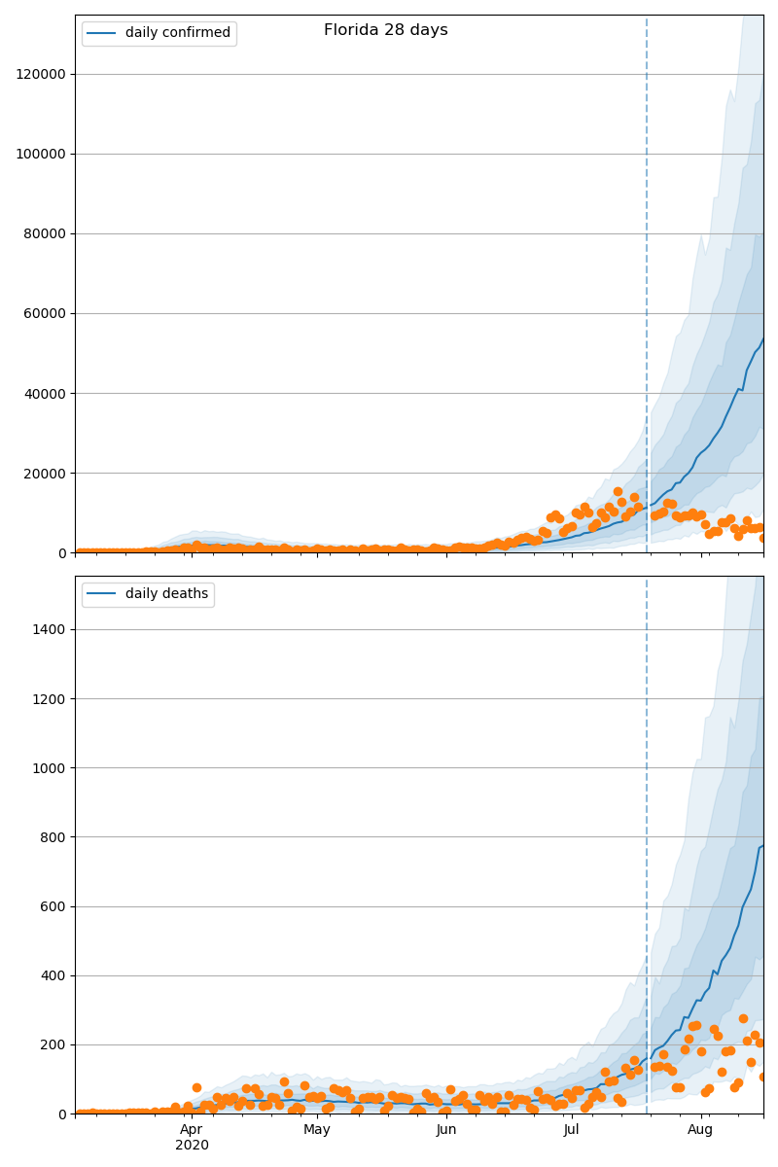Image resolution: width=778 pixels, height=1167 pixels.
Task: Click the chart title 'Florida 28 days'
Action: (x=385, y=30)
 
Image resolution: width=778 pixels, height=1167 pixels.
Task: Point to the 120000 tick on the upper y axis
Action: (x=40, y=74)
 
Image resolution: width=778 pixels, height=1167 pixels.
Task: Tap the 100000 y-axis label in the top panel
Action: (x=40, y=154)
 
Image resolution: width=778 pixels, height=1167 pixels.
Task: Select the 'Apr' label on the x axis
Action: (x=192, y=1130)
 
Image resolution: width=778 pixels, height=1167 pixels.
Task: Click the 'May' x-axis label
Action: (x=317, y=1130)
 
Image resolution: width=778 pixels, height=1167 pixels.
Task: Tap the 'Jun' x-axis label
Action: (x=446, y=1130)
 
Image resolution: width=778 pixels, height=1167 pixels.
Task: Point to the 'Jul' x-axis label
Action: (x=572, y=1130)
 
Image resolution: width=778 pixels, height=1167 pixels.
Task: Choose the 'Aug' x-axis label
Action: (x=700, y=1130)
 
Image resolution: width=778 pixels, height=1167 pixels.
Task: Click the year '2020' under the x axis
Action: (x=192, y=1146)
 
